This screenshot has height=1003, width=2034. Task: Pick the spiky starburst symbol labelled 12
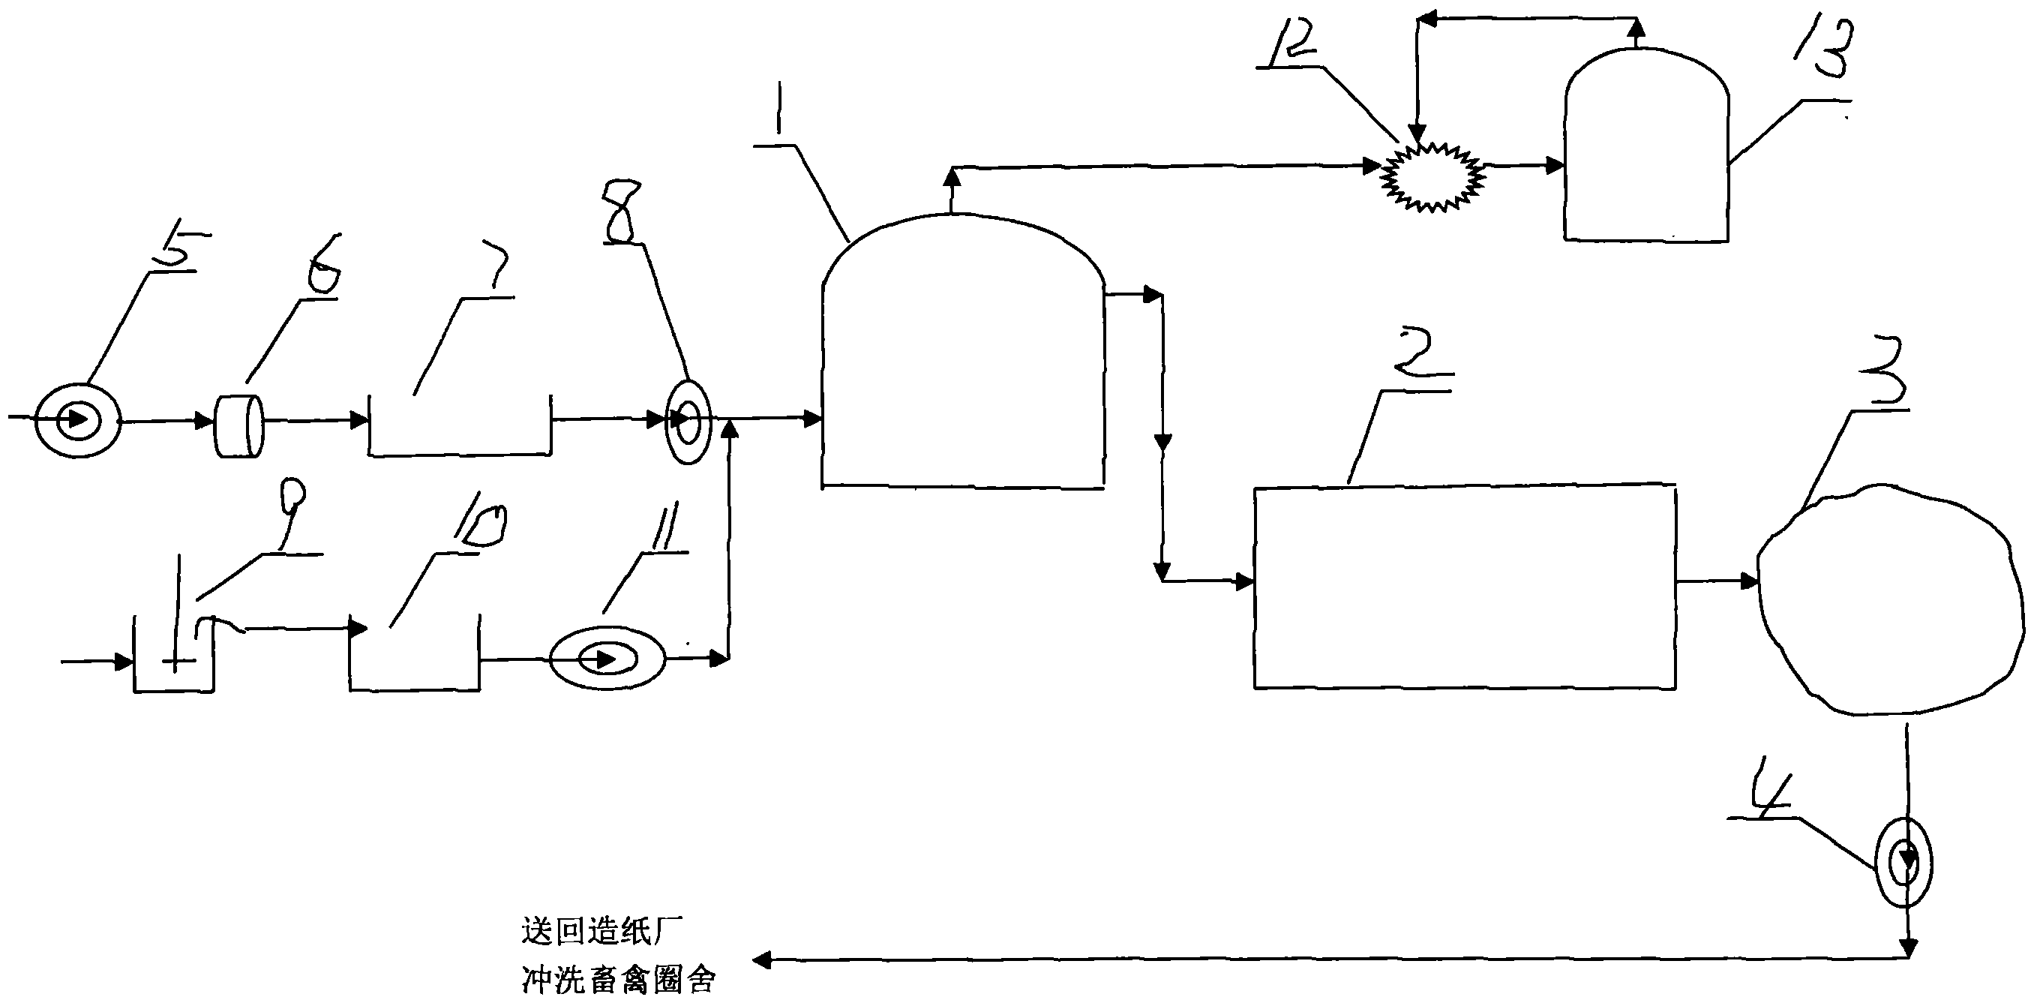point(1432,176)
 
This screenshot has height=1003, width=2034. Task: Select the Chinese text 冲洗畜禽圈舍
point(618,980)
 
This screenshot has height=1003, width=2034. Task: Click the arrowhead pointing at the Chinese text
point(761,960)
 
